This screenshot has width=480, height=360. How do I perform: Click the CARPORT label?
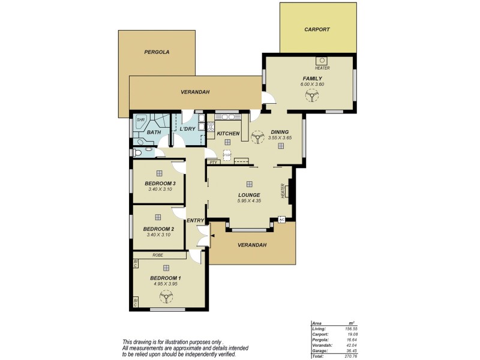point(317,29)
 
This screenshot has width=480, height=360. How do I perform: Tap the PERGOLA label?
point(157,52)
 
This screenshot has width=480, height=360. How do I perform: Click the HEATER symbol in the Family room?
point(322,61)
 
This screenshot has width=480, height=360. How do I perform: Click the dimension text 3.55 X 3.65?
point(280,139)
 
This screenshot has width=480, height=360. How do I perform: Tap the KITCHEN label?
point(228,133)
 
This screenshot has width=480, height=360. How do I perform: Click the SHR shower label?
point(140,120)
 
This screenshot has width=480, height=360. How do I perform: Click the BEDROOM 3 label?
point(160,183)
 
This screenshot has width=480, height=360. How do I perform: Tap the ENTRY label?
point(195,221)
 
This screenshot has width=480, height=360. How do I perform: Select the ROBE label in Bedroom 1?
point(158,255)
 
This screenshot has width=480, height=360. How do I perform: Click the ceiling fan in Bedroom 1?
point(159,295)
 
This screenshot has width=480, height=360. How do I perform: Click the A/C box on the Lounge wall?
point(280,220)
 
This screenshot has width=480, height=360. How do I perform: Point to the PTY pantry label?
point(212,161)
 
